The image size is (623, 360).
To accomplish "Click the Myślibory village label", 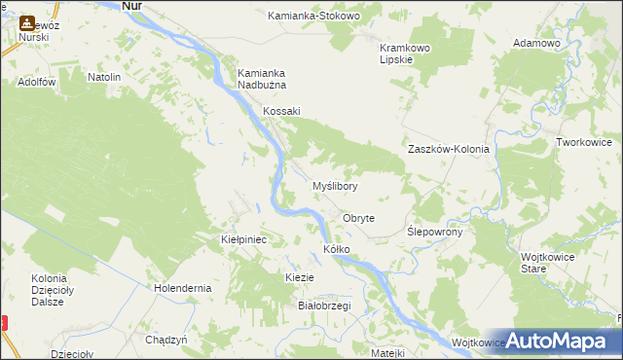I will point(335,186).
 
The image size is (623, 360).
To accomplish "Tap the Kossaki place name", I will point(282,112).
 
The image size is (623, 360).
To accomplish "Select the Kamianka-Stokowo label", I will point(313,17).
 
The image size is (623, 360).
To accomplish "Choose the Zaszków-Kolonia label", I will point(448,150).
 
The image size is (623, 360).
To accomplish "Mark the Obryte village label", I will point(359,219).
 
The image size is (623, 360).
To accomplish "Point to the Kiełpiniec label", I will point(244,238).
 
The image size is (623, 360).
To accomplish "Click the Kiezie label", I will point(299,277).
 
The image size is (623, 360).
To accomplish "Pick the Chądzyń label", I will point(165,340).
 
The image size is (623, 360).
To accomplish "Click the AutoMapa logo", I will point(559,341).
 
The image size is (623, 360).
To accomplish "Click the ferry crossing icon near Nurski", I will point(26,22).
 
